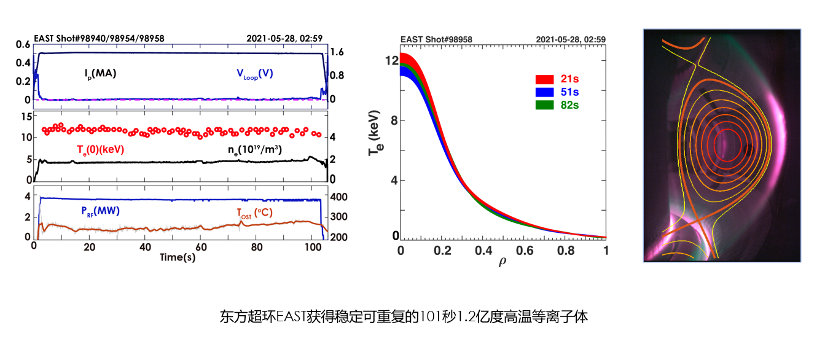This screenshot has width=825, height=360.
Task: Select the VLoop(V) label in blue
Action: [x=255, y=74]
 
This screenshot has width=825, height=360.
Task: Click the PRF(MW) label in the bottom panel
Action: [x=101, y=210]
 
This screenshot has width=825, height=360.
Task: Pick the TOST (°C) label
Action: [x=255, y=213]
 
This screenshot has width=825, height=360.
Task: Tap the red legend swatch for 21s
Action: [x=545, y=79]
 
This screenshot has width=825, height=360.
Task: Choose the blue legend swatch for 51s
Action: [x=545, y=92]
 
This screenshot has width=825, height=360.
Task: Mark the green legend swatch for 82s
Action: [x=545, y=105]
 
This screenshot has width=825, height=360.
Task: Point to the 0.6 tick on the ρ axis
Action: [x=524, y=251]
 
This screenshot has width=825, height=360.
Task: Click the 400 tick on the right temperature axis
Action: [x=339, y=197]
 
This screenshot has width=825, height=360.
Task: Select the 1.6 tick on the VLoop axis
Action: [x=338, y=52]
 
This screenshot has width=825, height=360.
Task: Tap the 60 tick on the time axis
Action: [x=201, y=247]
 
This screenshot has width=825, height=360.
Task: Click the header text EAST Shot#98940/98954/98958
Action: [x=99, y=38]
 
